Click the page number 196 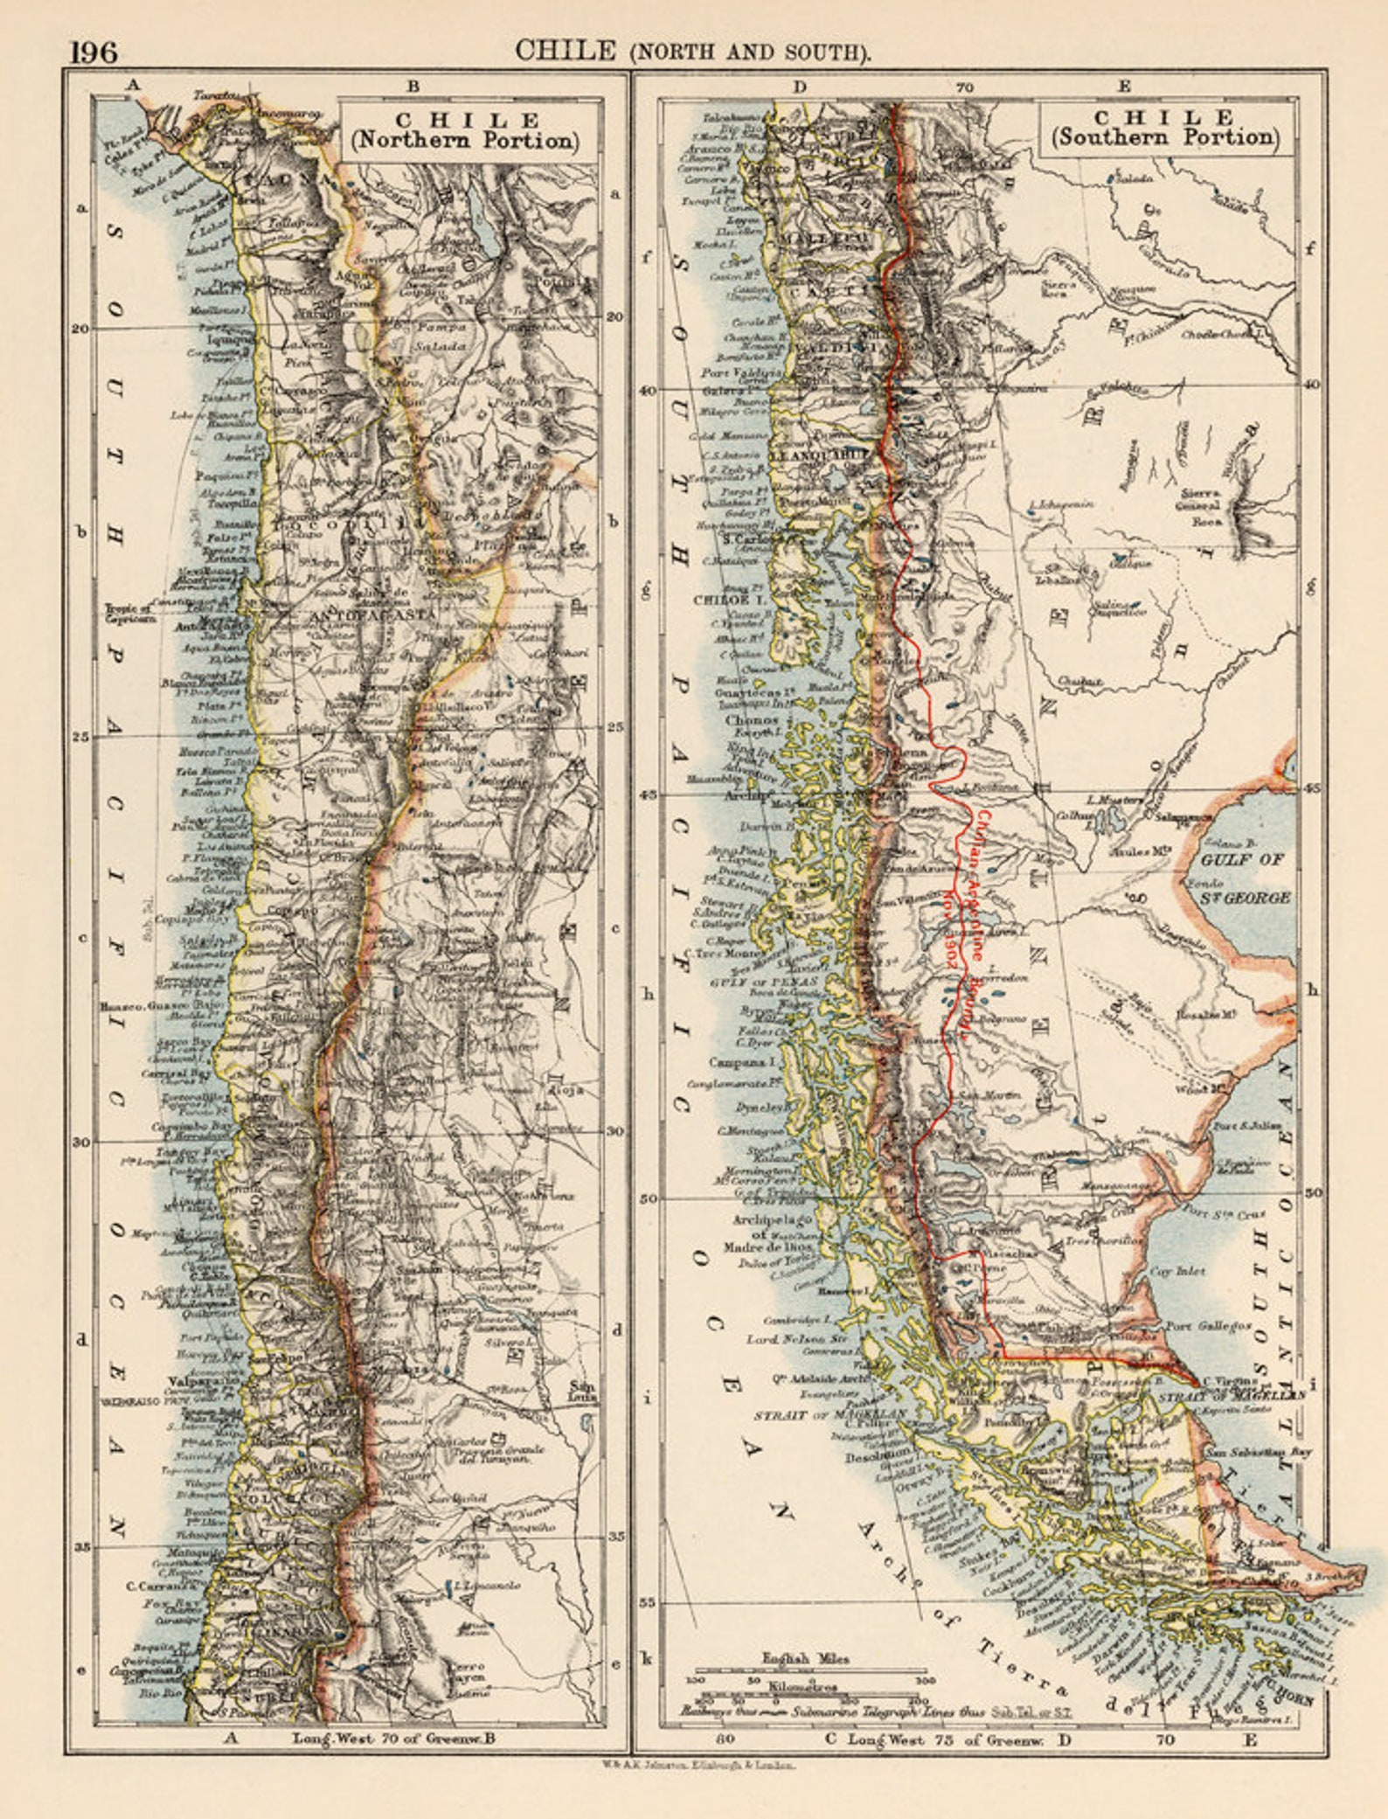pyautogui.click(x=94, y=52)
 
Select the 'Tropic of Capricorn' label pyautogui.click(x=131, y=613)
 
